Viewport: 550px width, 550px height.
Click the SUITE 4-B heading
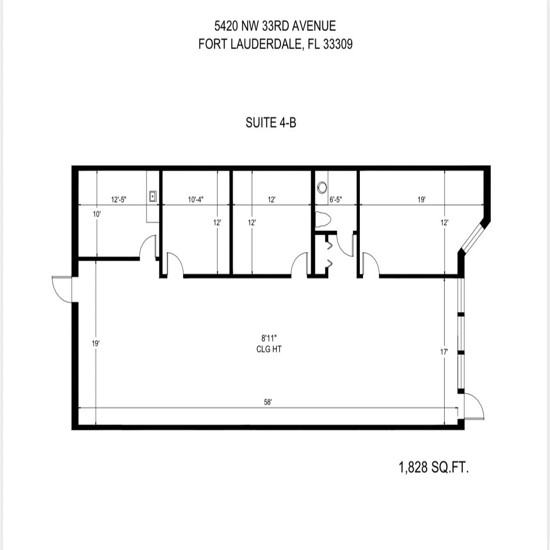[x=271, y=123]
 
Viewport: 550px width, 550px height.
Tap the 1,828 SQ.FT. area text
[x=434, y=467]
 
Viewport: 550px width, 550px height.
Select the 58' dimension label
[x=268, y=402]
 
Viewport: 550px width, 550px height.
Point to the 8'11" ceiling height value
[x=269, y=338]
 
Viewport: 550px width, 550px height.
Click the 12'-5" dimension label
[x=119, y=199]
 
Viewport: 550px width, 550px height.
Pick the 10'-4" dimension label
[x=196, y=199]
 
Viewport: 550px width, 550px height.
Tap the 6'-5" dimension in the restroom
[x=335, y=199]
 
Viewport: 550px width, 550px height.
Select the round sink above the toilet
[x=322, y=187]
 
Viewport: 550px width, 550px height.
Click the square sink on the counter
[x=153, y=197]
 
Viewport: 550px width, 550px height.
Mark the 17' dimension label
[x=444, y=352]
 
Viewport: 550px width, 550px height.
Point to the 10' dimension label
[x=97, y=214]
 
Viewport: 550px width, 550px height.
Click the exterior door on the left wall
[x=63, y=289]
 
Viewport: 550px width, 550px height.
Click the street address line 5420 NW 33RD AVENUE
[x=275, y=26]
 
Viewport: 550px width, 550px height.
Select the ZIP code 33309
[x=338, y=44]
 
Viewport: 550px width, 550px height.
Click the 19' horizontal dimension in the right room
[x=422, y=199]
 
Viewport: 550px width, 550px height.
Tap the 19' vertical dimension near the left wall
[x=96, y=343]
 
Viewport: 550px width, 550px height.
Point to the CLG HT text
[x=269, y=349]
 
